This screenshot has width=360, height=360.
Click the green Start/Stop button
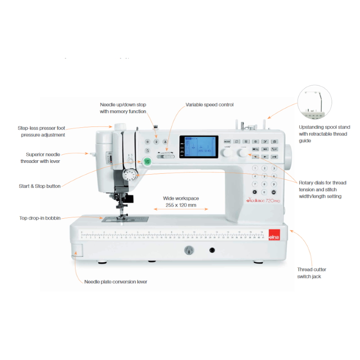[146, 160]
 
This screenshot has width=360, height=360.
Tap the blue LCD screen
[198, 147]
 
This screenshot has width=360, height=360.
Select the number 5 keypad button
[264, 176]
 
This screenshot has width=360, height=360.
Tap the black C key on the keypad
[255, 192]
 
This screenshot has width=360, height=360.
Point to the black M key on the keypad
[273, 192]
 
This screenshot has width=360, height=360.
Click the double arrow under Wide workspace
[181, 209]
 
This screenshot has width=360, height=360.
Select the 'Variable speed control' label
[210, 105]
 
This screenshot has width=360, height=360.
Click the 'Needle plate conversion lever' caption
[116, 282]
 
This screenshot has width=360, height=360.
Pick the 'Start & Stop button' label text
[40, 186]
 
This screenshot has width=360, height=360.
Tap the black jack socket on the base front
[211, 250]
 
